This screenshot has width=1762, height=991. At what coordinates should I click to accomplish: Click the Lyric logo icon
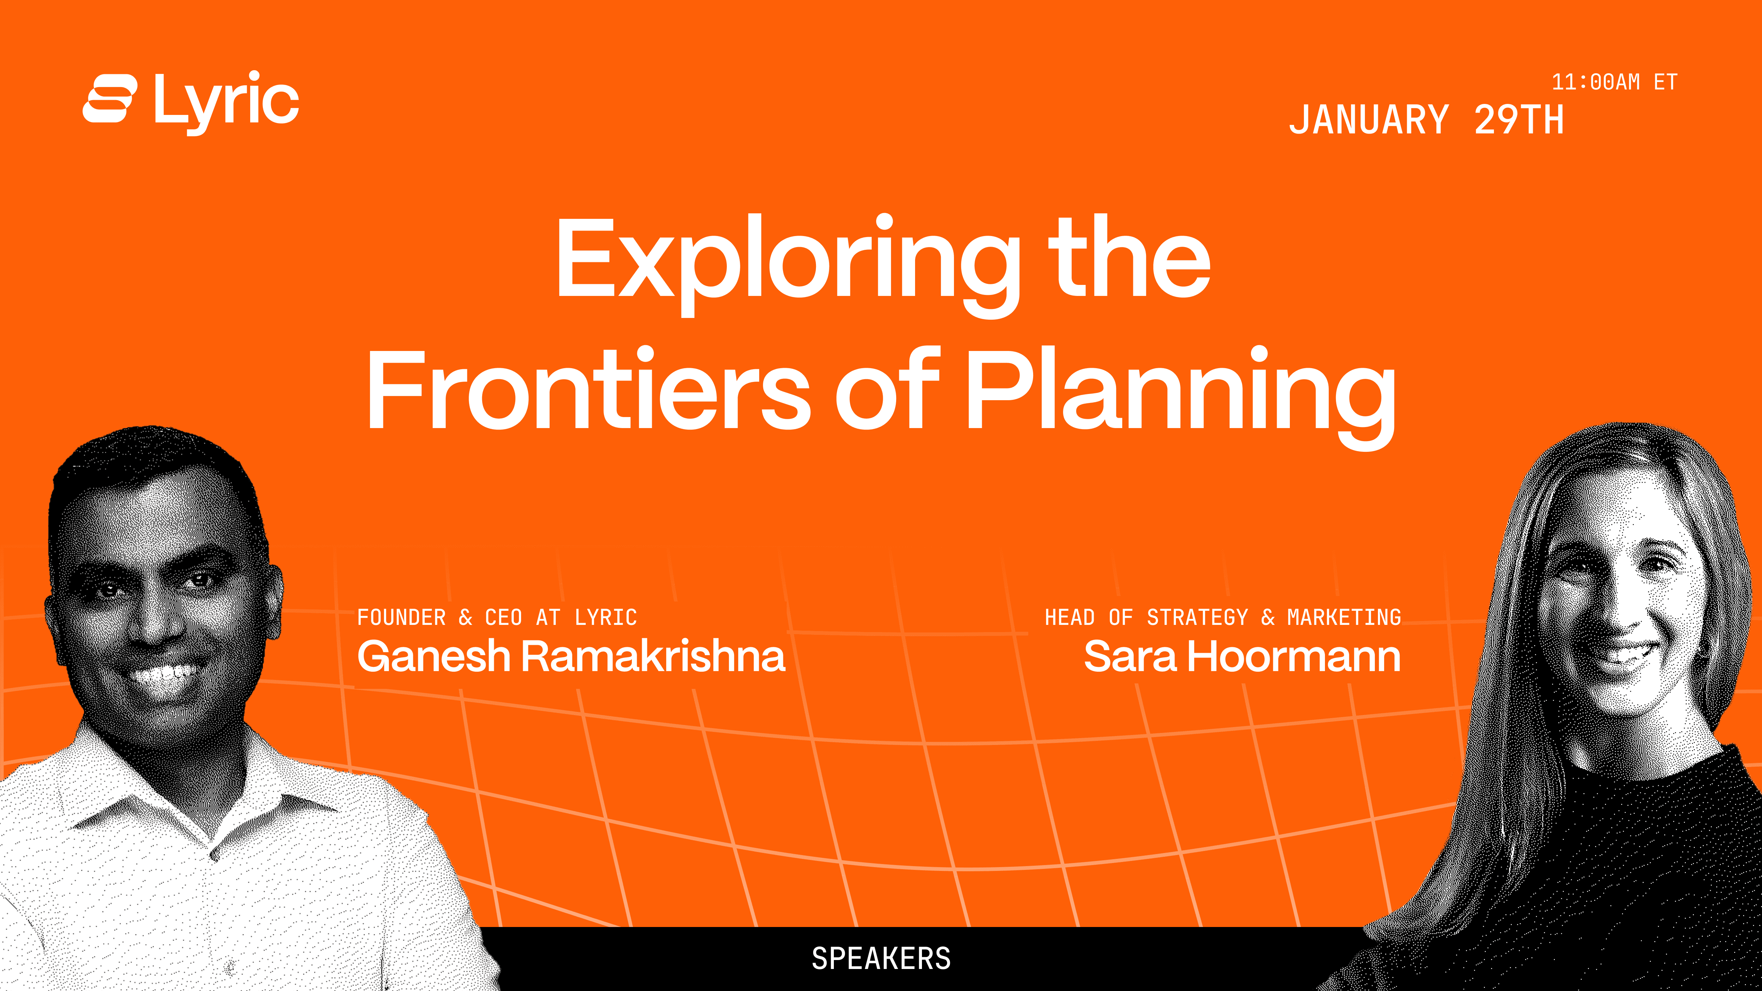(x=109, y=98)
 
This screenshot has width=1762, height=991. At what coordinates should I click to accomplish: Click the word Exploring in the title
(x=788, y=263)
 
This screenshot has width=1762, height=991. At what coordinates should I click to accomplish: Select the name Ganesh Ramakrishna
(x=571, y=657)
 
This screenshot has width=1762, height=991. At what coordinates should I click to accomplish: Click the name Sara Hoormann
(x=1242, y=657)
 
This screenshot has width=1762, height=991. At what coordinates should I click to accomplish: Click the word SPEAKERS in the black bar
(x=881, y=958)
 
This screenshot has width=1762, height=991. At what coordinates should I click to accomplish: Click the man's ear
(x=274, y=602)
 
